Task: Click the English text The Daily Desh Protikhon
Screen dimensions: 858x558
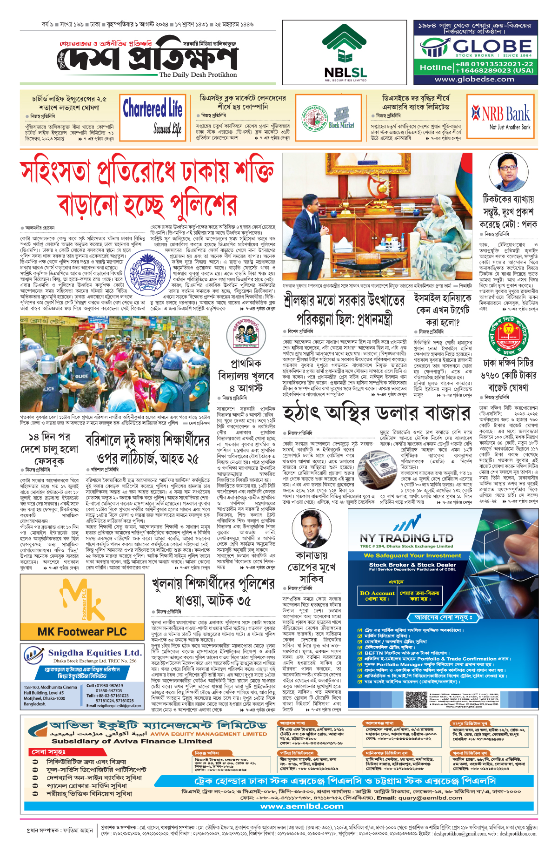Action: click(198, 74)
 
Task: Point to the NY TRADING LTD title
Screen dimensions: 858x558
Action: click(406, 539)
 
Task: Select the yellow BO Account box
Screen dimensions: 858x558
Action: click(377, 596)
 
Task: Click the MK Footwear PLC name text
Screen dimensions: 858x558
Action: click(82, 632)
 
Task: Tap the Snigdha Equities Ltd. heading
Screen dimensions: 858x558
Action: click(94, 653)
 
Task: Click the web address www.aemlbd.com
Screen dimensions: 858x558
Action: click(302, 806)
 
